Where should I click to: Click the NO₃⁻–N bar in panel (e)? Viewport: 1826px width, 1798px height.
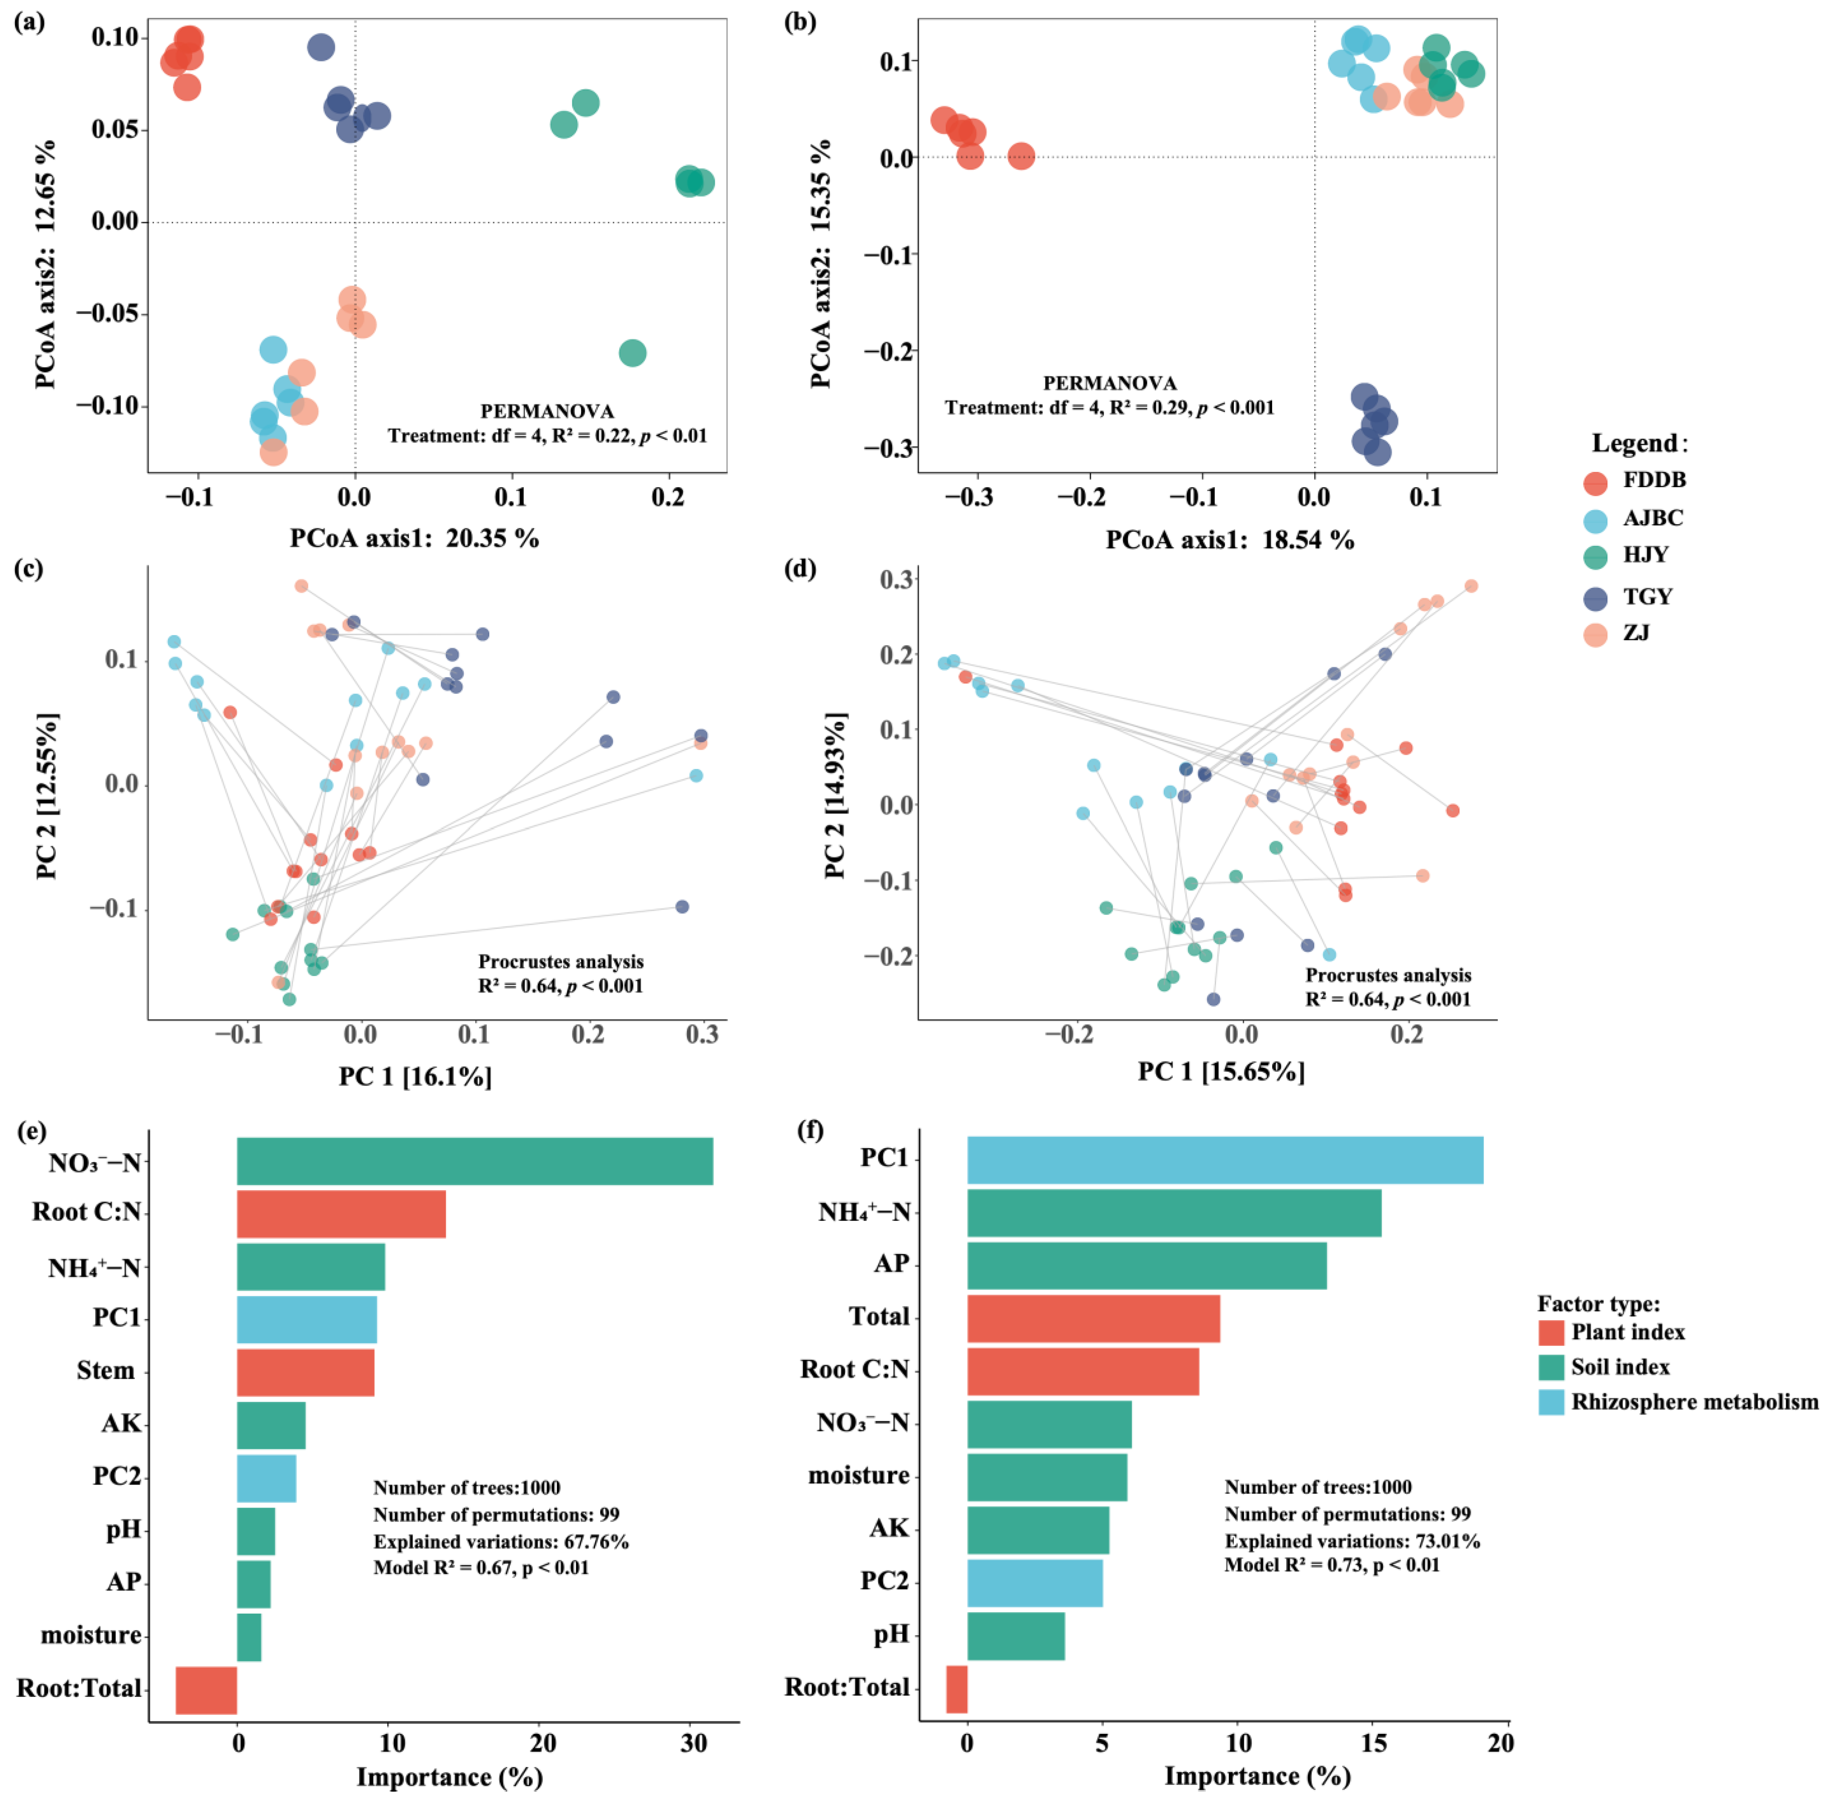tap(475, 1160)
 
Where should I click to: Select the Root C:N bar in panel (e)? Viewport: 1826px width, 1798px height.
tap(341, 1214)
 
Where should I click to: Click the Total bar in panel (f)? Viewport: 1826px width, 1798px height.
tap(1093, 1318)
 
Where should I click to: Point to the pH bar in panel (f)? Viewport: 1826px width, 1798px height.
tap(1016, 1636)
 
